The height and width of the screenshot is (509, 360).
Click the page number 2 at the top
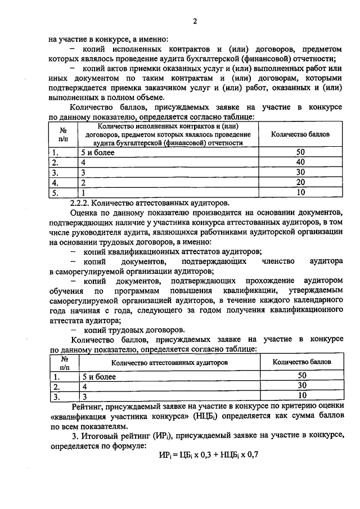tap(195, 22)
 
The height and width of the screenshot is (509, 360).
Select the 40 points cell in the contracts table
tap(300, 163)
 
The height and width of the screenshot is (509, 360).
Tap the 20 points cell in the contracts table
tap(300, 183)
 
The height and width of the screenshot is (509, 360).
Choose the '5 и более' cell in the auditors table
tap(99, 376)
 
